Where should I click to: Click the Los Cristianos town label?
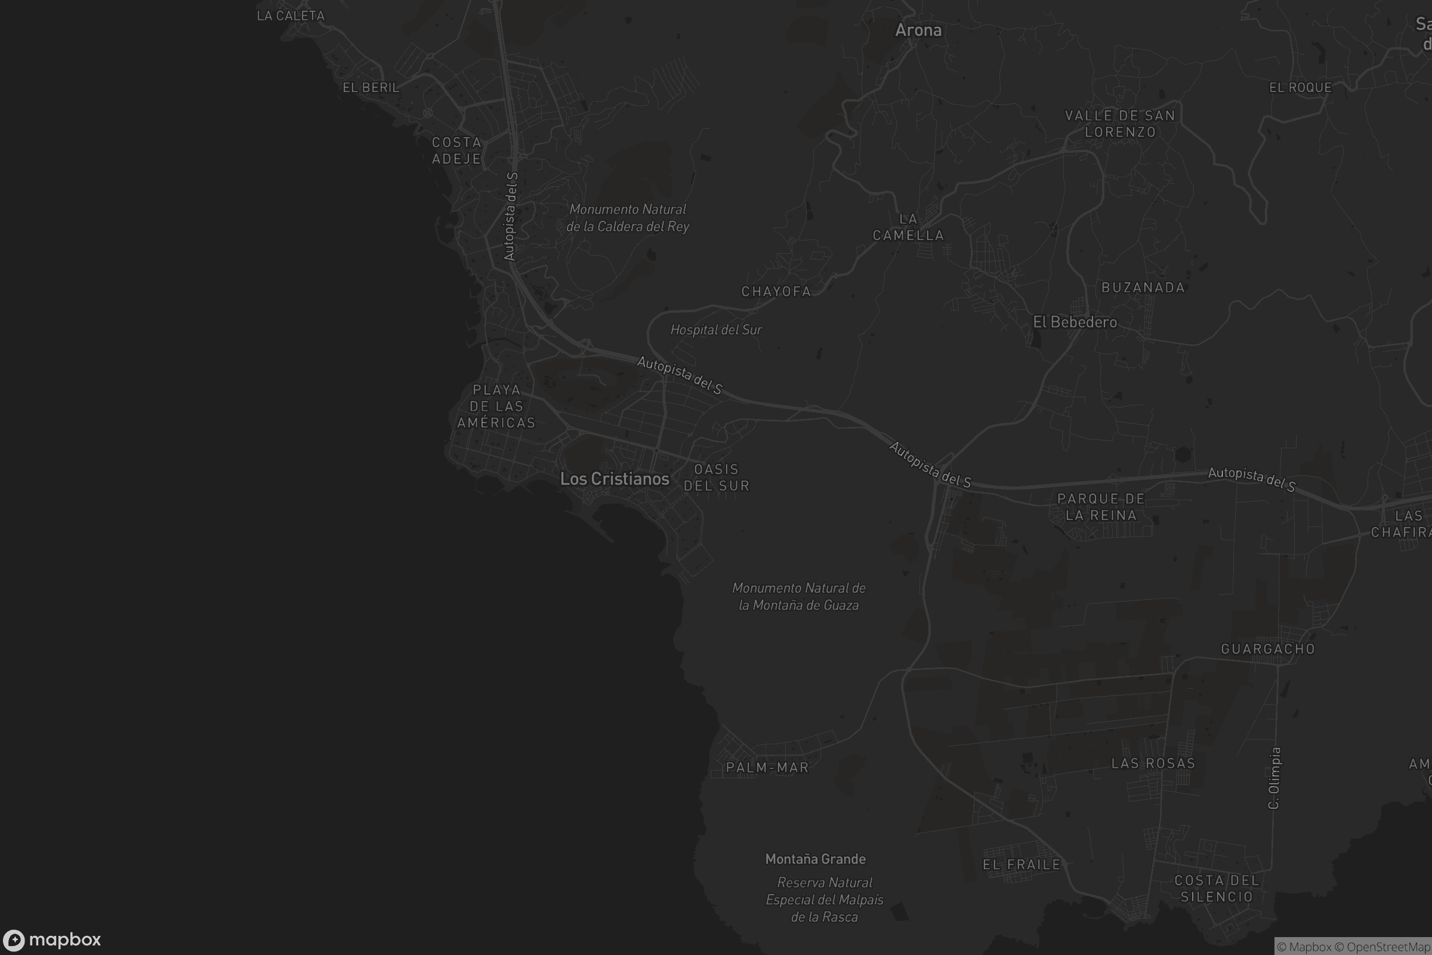(x=615, y=479)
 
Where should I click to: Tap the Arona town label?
(x=918, y=30)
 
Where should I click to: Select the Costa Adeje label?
(x=456, y=150)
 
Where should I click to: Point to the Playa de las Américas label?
(x=496, y=406)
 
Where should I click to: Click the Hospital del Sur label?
(x=716, y=329)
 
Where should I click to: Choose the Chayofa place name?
(x=776, y=292)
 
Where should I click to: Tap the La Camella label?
(x=908, y=227)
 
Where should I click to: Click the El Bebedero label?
(x=1075, y=322)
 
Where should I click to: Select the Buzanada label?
(x=1143, y=288)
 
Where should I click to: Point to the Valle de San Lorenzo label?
(x=1121, y=124)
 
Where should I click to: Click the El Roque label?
(x=1301, y=88)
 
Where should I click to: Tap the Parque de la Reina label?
(x=1101, y=507)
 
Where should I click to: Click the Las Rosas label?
(x=1153, y=763)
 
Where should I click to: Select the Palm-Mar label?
(x=767, y=768)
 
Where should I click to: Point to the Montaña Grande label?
(x=815, y=859)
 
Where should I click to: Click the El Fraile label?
(x=1021, y=864)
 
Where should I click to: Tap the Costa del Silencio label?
(x=1217, y=889)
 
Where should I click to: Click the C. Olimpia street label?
(x=1274, y=778)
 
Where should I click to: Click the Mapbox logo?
(x=52, y=939)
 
